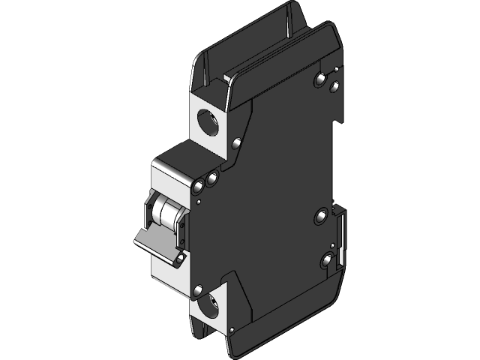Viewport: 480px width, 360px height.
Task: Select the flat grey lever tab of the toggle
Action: [154, 241]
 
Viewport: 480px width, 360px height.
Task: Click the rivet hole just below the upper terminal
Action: [237, 142]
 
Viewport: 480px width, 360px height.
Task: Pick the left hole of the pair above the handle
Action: [199, 184]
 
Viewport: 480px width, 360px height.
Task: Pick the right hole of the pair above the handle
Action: [212, 178]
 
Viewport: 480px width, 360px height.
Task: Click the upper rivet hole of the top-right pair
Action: [322, 78]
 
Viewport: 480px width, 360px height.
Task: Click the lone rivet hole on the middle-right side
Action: [322, 217]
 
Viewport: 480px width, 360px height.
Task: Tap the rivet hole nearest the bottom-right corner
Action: [327, 261]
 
